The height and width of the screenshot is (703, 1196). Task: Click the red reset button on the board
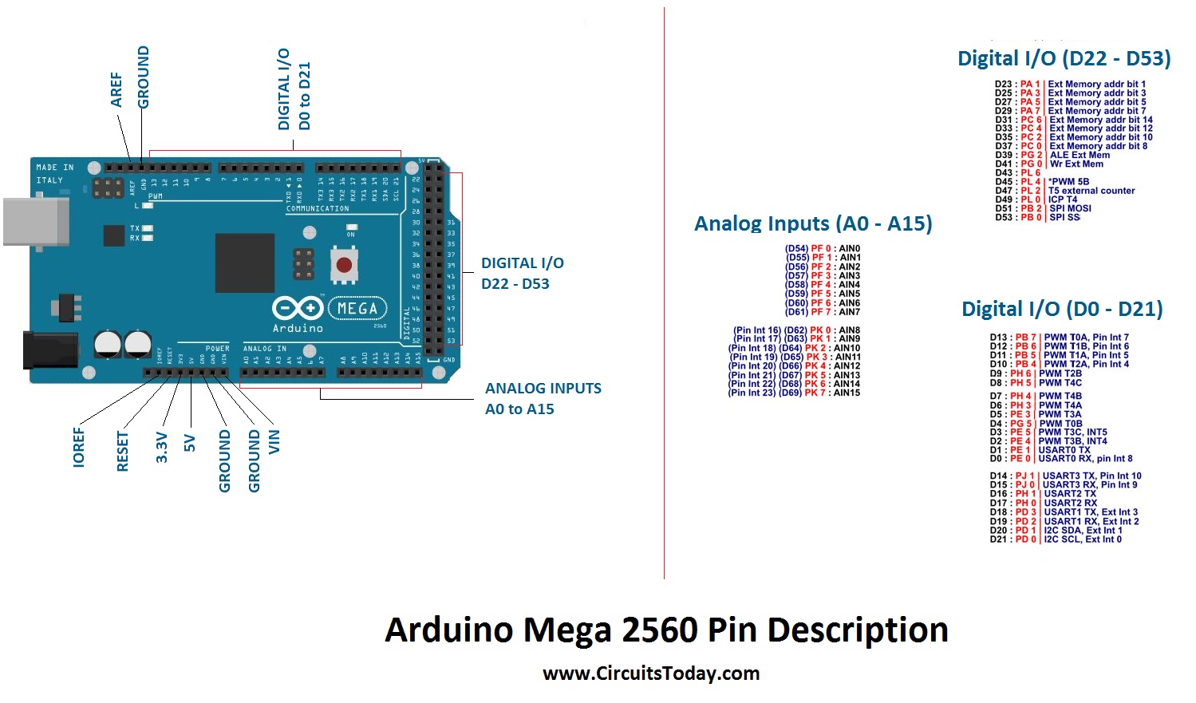[x=344, y=265]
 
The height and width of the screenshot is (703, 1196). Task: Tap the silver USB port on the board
[x=35, y=221]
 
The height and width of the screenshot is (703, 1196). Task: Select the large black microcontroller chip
[x=244, y=264]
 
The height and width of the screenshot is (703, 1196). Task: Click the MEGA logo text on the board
[x=357, y=308]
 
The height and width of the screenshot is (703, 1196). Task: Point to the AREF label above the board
[x=116, y=89]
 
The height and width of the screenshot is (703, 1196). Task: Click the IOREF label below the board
[x=78, y=447]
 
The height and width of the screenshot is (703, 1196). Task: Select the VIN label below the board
[x=274, y=441]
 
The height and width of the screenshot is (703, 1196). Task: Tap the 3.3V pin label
[x=162, y=447]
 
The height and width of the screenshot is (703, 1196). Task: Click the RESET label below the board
[x=122, y=451]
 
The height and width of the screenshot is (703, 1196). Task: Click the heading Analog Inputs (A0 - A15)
[x=812, y=223]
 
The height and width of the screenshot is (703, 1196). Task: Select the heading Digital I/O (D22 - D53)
[x=1064, y=58]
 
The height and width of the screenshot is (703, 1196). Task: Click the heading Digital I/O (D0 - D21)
[x=1061, y=309]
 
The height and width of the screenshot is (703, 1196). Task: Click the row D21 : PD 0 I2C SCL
[x=1055, y=539]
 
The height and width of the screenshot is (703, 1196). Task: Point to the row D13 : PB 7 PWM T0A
[x=1059, y=338]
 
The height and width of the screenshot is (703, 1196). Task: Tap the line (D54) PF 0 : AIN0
[x=822, y=249]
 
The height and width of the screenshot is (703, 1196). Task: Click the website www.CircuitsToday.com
[x=650, y=673]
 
